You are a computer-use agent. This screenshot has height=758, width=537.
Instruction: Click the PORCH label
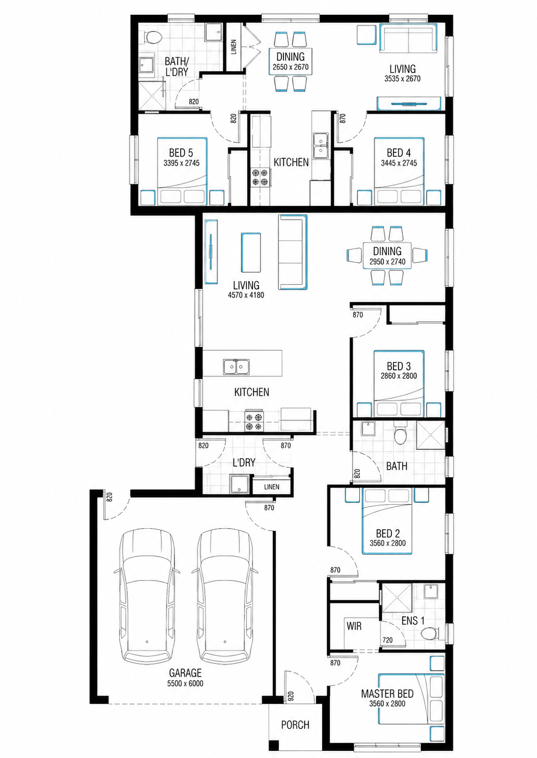(295, 725)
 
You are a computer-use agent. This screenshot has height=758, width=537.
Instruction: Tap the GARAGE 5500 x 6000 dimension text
(185, 684)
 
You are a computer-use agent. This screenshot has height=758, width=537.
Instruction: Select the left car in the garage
(147, 596)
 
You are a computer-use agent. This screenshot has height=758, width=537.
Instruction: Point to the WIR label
(354, 626)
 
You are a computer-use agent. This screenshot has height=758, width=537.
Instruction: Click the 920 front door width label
(291, 695)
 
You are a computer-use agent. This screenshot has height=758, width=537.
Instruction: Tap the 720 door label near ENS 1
(387, 640)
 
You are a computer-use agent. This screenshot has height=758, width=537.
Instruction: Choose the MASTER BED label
(387, 694)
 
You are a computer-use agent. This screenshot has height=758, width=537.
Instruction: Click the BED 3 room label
(399, 366)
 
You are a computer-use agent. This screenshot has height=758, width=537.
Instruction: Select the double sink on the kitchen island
(237, 367)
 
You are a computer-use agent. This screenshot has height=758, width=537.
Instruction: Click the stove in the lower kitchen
(254, 421)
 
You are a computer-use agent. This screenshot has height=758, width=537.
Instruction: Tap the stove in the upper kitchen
(260, 177)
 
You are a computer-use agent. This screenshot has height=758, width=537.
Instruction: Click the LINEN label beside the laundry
(272, 487)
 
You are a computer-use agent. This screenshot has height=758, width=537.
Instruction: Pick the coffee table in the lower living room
(251, 253)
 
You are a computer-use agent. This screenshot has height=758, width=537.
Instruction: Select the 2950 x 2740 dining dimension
(387, 261)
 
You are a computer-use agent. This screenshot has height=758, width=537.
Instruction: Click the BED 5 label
(181, 153)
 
